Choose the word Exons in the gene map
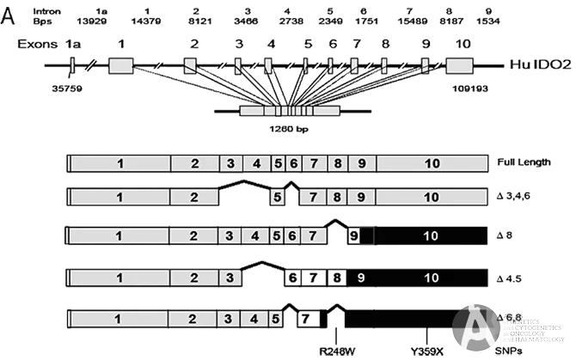[37, 44]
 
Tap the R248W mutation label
[333, 351]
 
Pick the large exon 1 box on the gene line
[120, 64]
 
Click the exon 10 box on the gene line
[460, 65]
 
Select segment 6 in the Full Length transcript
[293, 162]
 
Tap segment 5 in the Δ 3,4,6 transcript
[277, 198]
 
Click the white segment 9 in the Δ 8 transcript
[353, 235]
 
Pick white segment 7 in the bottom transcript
[307, 319]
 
